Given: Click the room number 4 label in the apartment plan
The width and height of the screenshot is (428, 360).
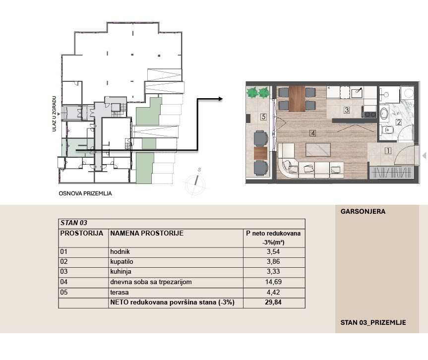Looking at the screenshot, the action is (x=312, y=133).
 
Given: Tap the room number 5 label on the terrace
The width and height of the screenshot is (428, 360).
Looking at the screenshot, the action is (x=263, y=117).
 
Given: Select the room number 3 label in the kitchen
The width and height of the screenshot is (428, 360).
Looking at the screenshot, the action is (x=346, y=110).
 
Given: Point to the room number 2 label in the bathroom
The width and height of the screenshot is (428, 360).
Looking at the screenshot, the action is (x=399, y=122).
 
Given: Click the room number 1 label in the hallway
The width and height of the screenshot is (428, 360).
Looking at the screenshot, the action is (x=388, y=151).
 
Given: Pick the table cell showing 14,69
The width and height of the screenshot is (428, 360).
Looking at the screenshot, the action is (x=273, y=282).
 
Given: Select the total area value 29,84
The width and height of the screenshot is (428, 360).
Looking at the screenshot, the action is (x=273, y=302).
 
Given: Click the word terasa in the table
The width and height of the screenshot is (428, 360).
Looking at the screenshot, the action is (x=120, y=292).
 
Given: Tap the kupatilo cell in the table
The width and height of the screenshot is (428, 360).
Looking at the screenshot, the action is (x=122, y=261).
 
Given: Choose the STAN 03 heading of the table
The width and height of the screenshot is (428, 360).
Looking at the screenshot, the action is (x=74, y=223).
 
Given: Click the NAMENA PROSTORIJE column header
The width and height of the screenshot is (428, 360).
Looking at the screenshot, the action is (x=147, y=234).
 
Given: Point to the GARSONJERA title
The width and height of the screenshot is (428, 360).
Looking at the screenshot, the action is (x=363, y=212).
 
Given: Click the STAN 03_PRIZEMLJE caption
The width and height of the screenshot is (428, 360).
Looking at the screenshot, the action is (x=373, y=323).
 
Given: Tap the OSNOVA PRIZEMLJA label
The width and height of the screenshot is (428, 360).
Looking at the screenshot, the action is (x=85, y=193).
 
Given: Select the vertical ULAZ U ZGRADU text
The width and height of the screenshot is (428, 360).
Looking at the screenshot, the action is (x=55, y=114).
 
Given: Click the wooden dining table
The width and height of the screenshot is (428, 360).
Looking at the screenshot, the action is (x=297, y=99).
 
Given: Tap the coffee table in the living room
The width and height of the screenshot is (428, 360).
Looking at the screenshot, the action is (x=318, y=150).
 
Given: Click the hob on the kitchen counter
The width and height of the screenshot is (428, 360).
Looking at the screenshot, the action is (x=369, y=115).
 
